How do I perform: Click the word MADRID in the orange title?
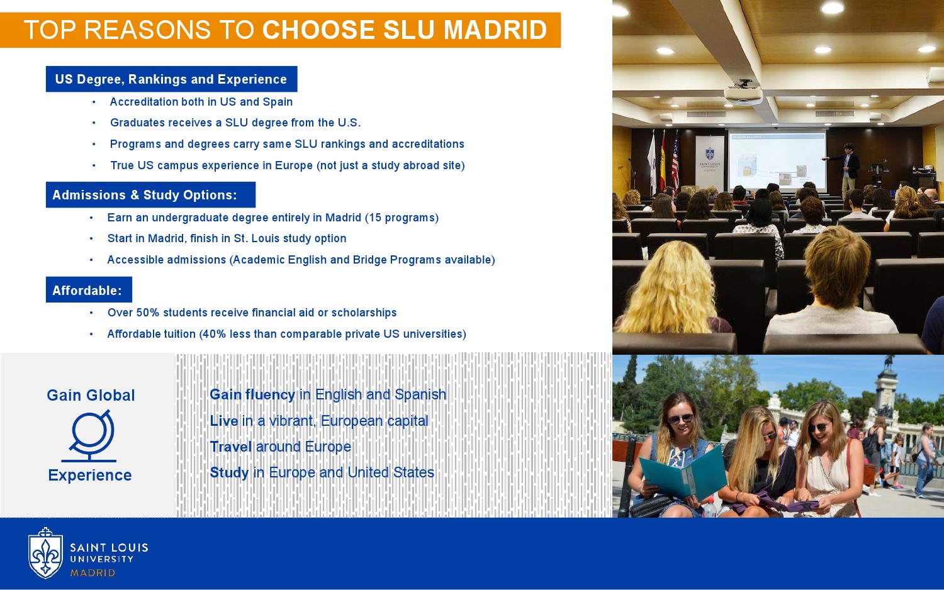(495, 30)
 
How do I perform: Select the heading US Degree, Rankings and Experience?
(171, 79)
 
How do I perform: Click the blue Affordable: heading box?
(89, 290)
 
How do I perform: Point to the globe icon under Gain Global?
(90, 436)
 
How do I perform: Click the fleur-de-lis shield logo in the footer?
(45, 554)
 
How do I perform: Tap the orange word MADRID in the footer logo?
(93, 573)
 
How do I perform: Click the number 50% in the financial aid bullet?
(148, 313)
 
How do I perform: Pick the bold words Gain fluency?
(252, 394)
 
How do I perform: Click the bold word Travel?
(231, 447)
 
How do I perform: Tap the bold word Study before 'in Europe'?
(229, 472)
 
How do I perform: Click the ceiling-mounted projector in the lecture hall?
(743, 93)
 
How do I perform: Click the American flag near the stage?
(675, 162)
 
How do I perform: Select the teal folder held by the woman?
(682, 473)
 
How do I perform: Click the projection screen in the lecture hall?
(777, 161)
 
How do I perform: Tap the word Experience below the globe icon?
(90, 475)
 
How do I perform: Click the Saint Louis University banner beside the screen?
(710, 162)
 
